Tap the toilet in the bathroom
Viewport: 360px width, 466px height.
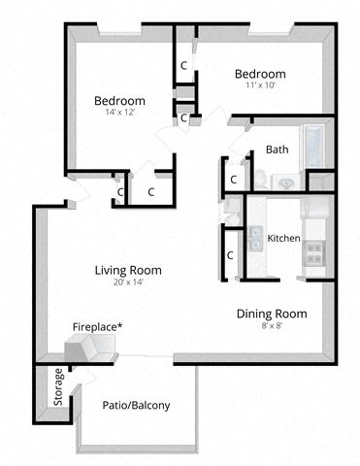pos(260,178)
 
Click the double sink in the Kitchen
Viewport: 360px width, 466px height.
pos(256,238)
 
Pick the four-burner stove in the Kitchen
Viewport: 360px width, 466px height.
pos(315,253)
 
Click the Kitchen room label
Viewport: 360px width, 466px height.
pos(284,238)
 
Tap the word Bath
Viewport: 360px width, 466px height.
pos(277,150)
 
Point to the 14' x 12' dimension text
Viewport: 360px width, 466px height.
pos(119,113)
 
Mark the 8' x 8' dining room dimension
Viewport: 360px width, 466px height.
pos(272,326)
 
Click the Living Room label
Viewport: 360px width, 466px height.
pos(128,270)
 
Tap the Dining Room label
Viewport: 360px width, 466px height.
pos(273,314)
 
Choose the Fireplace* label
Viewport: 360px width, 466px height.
pos(98,327)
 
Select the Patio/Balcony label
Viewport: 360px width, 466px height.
pos(136,405)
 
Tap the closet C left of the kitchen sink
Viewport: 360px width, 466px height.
pos(231,255)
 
